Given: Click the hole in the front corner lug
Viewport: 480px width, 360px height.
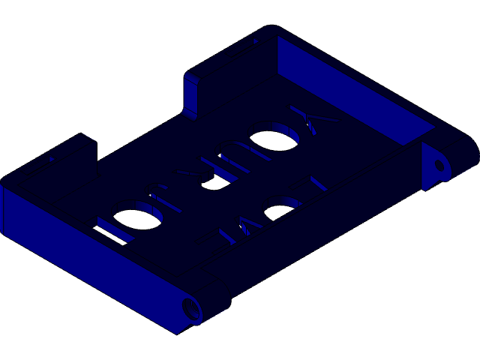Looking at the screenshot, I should tap(191, 308).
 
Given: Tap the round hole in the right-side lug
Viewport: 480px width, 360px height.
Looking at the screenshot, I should tap(439, 164).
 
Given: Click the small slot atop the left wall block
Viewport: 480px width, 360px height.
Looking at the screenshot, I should tap(51, 159).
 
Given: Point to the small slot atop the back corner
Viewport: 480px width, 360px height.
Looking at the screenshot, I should tap(255, 42).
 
